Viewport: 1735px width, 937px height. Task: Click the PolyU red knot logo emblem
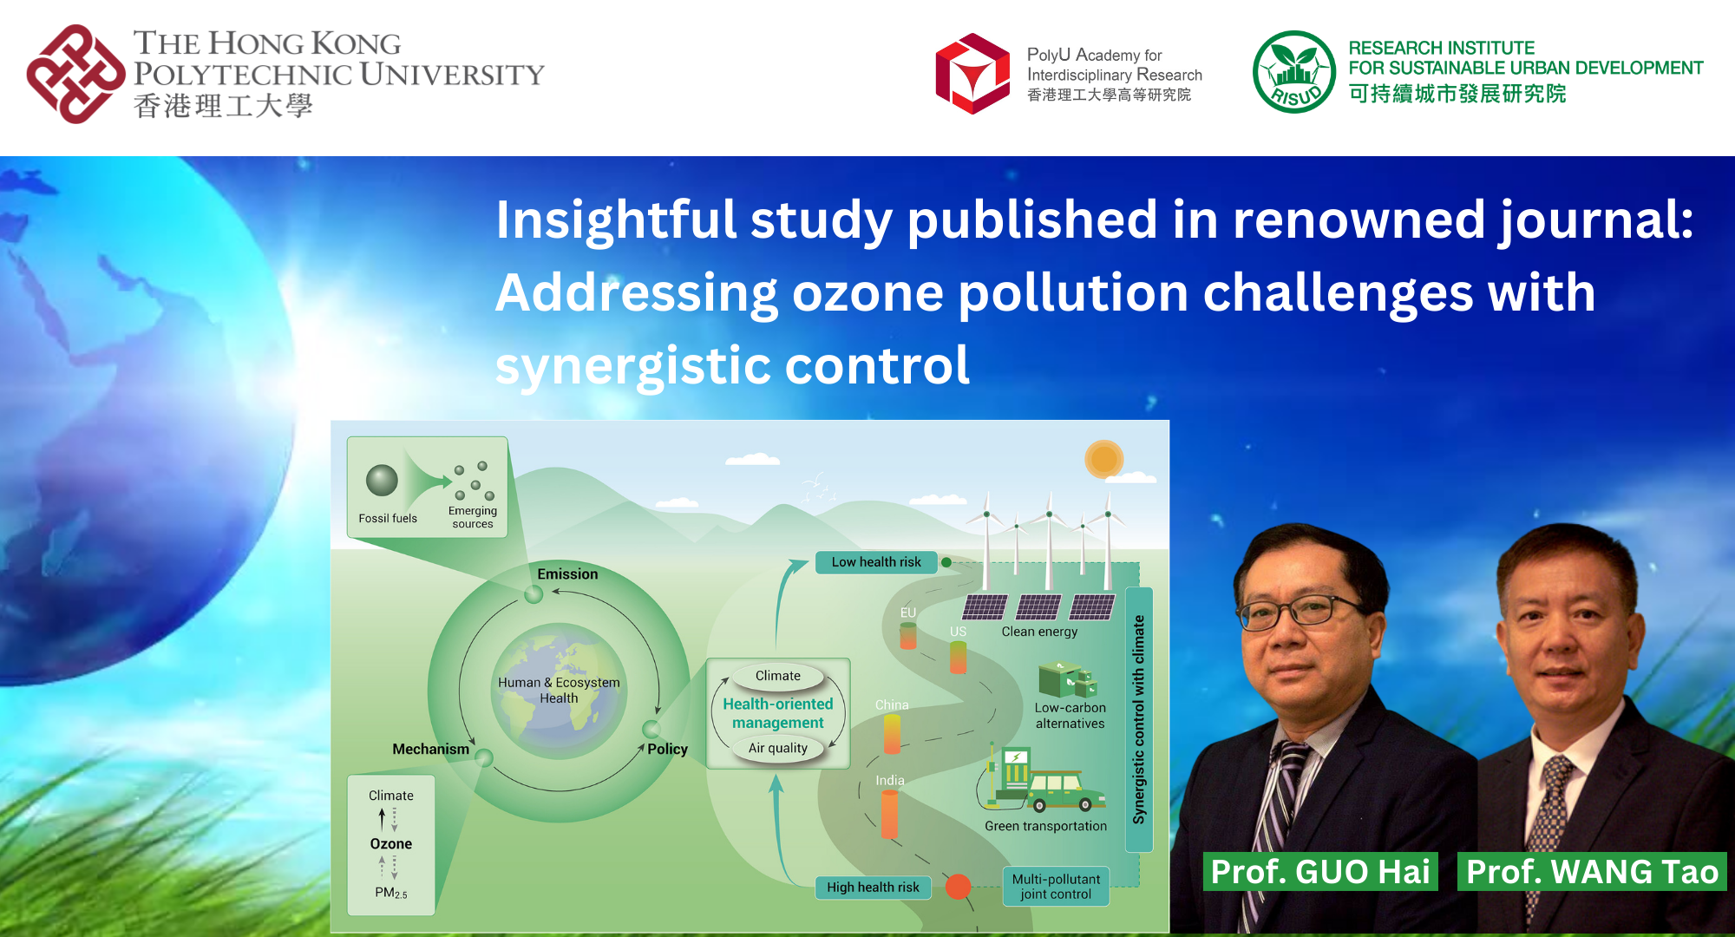click(x=75, y=74)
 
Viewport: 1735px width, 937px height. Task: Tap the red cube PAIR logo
click(x=973, y=74)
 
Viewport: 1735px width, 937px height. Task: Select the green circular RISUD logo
click(x=1293, y=72)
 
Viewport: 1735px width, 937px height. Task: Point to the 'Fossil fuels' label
click(x=388, y=519)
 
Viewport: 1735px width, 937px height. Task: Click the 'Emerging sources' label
click(x=473, y=517)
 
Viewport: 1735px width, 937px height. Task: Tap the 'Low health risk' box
click(x=876, y=562)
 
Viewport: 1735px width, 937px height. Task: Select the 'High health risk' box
click(x=873, y=887)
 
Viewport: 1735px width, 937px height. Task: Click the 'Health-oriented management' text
click(x=778, y=713)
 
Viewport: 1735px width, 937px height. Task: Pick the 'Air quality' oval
click(x=778, y=748)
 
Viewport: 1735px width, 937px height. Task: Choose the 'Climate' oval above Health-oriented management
click(x=778, y=676)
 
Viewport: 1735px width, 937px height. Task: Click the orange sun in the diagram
click(x=1103, y=459)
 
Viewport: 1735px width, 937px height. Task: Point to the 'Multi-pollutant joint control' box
click(x=1056, y=886)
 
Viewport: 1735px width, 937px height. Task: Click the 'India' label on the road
click(x=890, y=780)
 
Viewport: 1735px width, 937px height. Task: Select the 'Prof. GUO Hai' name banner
click(x=1319, y=871)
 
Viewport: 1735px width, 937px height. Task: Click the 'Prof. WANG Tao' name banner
click(x=1592, y=871)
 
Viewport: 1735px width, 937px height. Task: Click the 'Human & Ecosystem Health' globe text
click(x=559, y=690)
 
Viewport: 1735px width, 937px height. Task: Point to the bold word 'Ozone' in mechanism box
click(x=391, y=843)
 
